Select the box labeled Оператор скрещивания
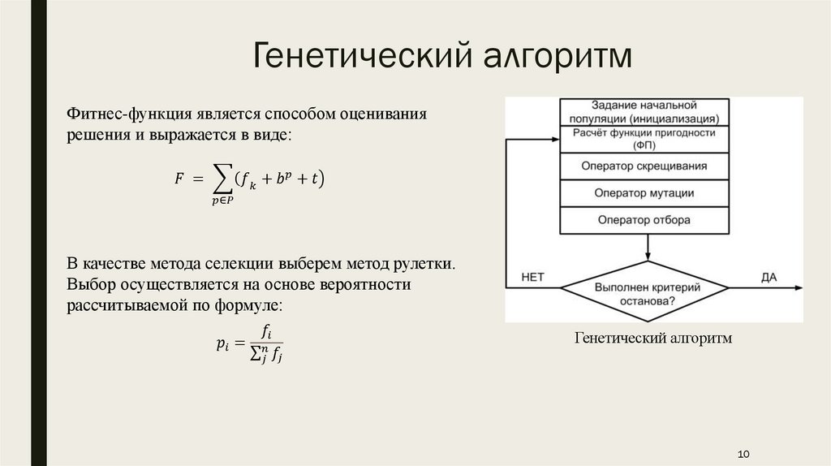pos(644,166)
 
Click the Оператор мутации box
pos(644,193)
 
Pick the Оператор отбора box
pos(644,220)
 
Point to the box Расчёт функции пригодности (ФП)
pos(644,139)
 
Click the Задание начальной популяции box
pos(644,111)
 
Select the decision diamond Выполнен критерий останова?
pos(646,291)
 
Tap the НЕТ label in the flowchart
pos(532,277)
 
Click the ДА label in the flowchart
pos(769,277)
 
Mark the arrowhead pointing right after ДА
pos(799,287)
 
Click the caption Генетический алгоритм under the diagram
pos(652,337)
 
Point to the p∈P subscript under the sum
pos(219,201)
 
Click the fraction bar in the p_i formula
pos(266,343)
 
